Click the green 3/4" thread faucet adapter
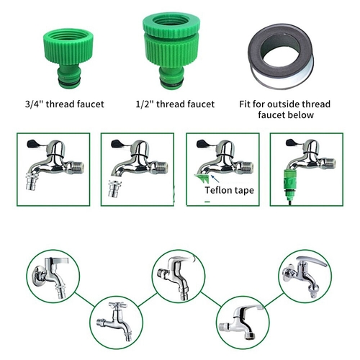tap(68, 58)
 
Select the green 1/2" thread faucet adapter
tap(171, 50)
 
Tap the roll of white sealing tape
tap(281, 56)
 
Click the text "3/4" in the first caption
tap(35, 104)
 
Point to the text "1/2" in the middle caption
tap(145, 104)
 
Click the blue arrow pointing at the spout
tap(215, 179)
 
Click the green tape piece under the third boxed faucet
tap(201, 179)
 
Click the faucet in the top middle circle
tap(176, 276)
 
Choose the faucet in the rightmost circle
tap(305, 276)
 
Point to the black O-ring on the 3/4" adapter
tap(68, 83)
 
